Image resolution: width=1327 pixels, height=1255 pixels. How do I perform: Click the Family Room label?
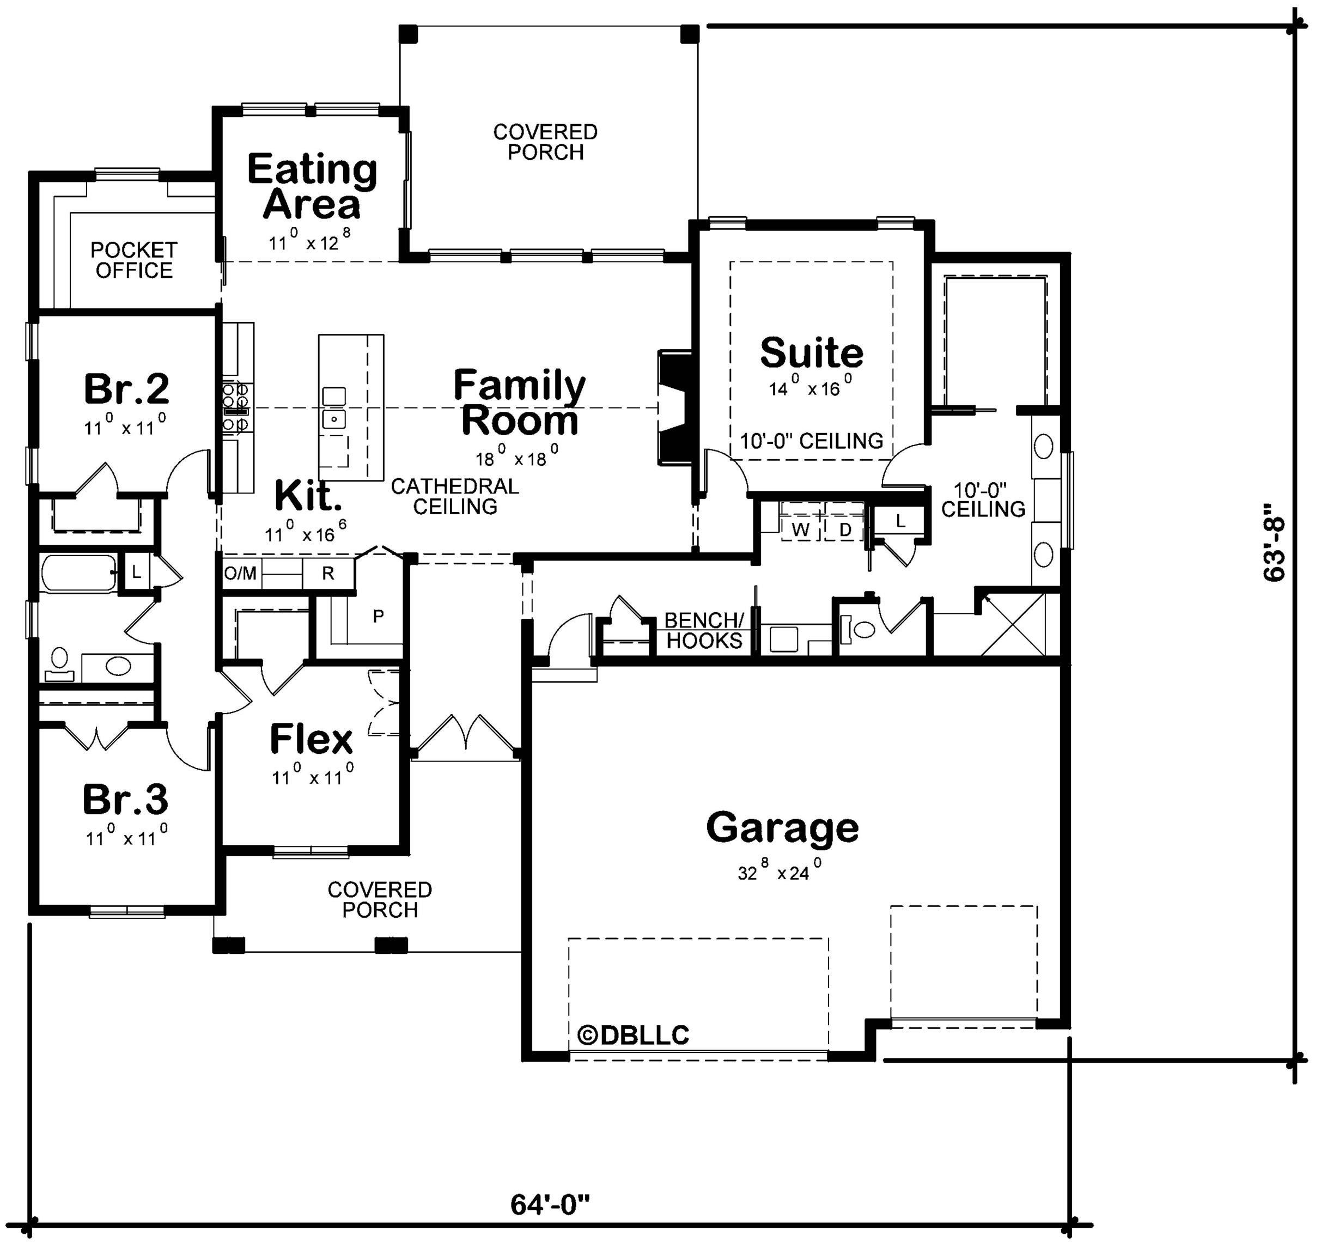click(x=520, y=403)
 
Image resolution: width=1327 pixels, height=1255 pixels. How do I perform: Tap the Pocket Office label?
click(x=134, y=260)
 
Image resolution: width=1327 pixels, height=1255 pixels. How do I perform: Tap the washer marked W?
click(x=801, y=529)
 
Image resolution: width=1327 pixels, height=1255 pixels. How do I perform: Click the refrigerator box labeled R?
click(x=328, y=572)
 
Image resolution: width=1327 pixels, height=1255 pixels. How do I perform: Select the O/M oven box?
click(x=241, y=572)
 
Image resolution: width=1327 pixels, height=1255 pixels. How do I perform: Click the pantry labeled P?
click(x=378, y=616)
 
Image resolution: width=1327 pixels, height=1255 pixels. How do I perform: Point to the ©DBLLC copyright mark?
click(x=633, y=1035)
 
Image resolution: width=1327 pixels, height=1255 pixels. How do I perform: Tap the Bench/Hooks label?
click(x=704, y=630)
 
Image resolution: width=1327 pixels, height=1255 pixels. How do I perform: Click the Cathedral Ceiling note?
click(x=455, y=496)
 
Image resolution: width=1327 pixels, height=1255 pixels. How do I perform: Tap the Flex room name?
click(x=311, y=739)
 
